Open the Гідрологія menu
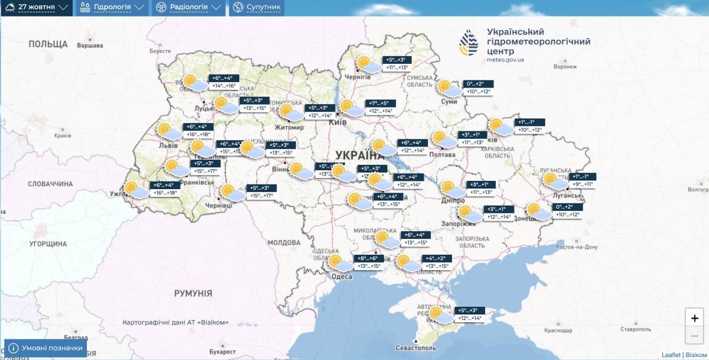112,8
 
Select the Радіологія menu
188,8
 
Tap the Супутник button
256,8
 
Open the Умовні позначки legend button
46,348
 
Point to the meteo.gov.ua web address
505,60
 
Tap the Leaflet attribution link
671,355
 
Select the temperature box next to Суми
477,87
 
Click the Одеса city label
342,277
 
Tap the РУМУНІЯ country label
193,293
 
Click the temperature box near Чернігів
396,63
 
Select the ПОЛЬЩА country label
48,44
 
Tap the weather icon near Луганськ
554,180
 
